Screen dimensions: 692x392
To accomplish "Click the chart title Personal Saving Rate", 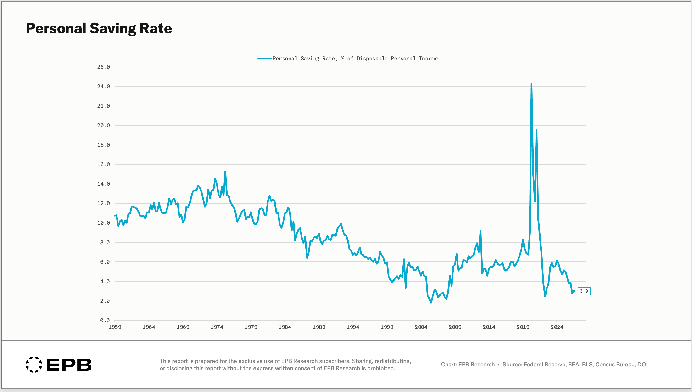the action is click(x=99, y=28).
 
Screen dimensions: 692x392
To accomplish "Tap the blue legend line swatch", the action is click(x=264, y=58).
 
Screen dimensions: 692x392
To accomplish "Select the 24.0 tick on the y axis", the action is click(x=103, y=87).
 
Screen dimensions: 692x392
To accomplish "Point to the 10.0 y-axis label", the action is click(x=103, y=223).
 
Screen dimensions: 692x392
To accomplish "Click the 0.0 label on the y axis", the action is click(x=105, y=320).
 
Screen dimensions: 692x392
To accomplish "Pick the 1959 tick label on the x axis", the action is click(x=115, y=327).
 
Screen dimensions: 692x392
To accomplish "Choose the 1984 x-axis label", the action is click(x=285, y=327).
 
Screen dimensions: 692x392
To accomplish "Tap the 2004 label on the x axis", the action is click(x=421, y=327).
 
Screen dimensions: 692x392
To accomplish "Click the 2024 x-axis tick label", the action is click(x=557, y=327).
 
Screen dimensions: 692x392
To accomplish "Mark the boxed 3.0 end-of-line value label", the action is click(x=584, y=291).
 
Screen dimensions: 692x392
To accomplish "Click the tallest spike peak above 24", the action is click(x=531, y=85).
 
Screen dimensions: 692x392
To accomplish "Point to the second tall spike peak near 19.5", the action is click(x=536, y=130).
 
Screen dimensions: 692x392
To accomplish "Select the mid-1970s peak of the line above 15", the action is click(x=225, y=172).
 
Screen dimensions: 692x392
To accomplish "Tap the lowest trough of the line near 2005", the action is click(x=431, y=303).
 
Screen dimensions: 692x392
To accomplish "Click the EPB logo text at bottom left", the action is click(x=69, y=365).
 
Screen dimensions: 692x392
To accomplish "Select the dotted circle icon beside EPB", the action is click(x=34, y=365).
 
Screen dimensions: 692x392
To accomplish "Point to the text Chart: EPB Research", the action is click(x=468, y=365).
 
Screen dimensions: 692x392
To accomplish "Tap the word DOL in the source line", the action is click(x=643, y=365).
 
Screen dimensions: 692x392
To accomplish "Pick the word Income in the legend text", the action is click(x=429, y=58).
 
